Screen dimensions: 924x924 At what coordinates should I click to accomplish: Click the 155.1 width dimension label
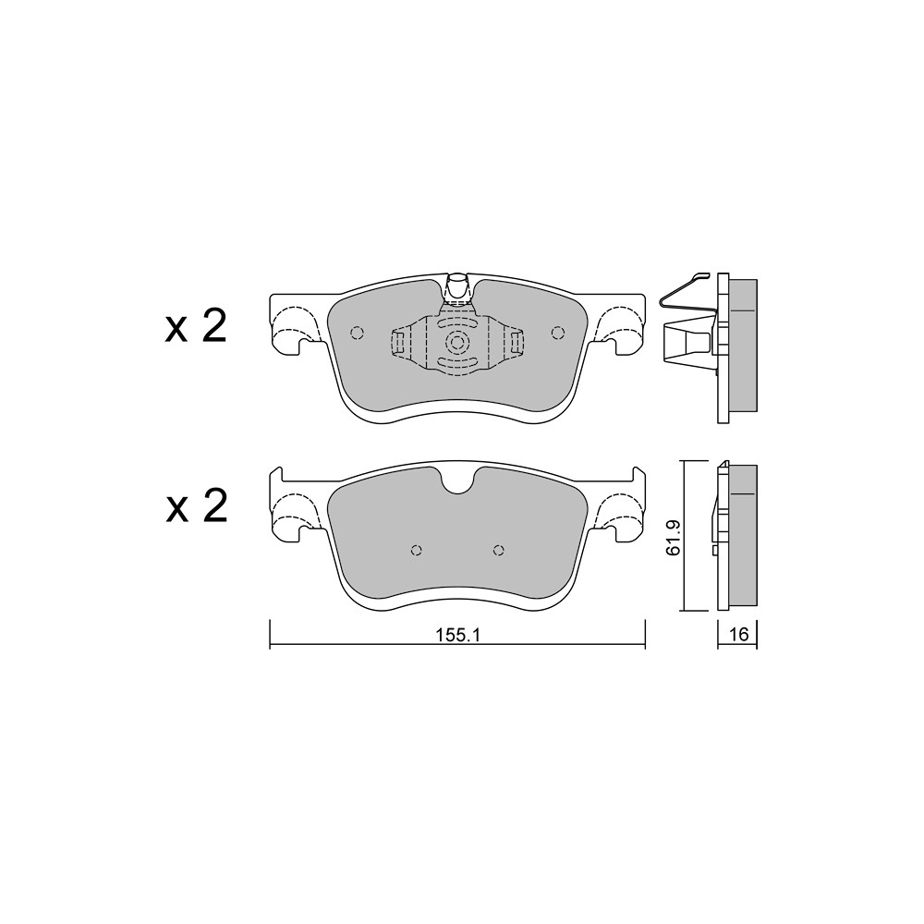458,635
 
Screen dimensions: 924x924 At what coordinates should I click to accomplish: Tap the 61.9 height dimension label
673,537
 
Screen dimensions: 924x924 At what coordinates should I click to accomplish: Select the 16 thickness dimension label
737,634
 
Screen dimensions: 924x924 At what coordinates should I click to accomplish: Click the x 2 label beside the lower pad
196,506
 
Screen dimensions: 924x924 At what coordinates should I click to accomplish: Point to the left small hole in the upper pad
357,333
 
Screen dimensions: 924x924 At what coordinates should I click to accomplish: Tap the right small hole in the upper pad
557,333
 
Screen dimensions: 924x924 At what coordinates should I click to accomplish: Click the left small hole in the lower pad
416,550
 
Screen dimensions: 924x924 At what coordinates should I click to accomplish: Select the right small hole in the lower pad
499,550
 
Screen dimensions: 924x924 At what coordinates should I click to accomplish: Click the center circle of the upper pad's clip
457,342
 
